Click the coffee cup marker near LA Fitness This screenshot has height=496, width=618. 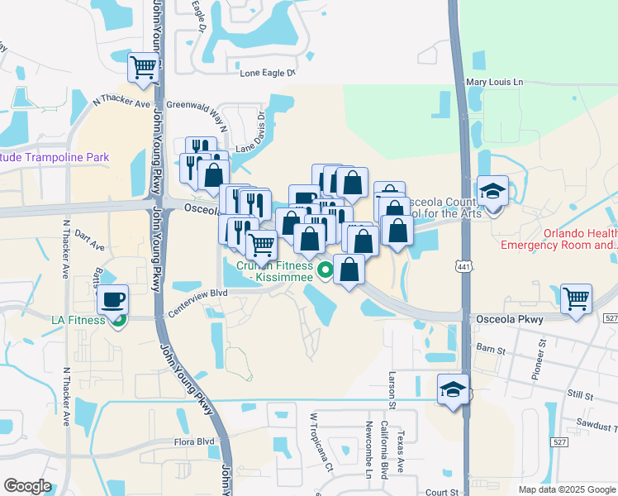tap(112, 299)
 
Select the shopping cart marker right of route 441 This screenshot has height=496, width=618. tap(576, 299)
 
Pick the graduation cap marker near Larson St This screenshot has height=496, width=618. tap(453, 389)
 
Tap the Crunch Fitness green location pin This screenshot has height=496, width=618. tap(326, 269)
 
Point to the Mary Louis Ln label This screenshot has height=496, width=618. tap(495, 82)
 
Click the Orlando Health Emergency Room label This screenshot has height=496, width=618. tap(559, 239)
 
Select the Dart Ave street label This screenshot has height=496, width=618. tap(89, 245)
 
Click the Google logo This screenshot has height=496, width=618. tap(27, 486)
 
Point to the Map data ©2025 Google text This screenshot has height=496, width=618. tap(566, 489)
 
